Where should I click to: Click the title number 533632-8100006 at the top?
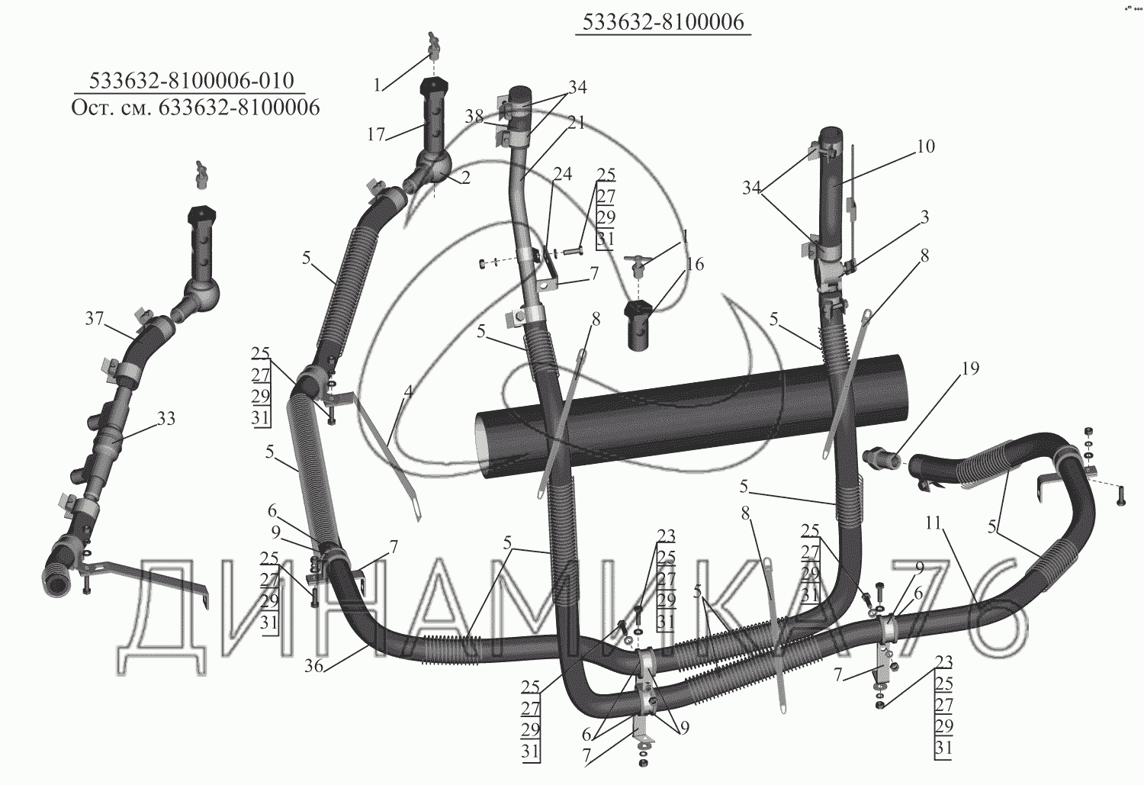pyautogui.click(x=664, y=22)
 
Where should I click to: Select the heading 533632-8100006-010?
pyautogui.click(x=192, y=80)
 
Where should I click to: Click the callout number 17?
pyautogui.click(x=376, y=134)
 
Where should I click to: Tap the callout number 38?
pyautogui.click(x=474, y=117)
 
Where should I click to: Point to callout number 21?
pyautogui.click(x=577, y=123)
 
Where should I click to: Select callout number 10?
pyautogui.click(x=925, y=146)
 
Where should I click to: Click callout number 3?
pyautogui.click(x=925, y=217)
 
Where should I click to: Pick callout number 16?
pyautogui.click(x=695, y=264)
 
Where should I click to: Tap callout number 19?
pyautogui.click(x=971, y=368)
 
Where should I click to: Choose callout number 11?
pyautogui.click(x=934, y=523)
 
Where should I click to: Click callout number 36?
pyautogui.click(x=314, y=666)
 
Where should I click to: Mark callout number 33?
pyautogui.click(x=166, y=419)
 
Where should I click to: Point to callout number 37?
pyautogui.click(x=94, y=319)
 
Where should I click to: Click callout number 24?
pyautogui.click(x=562, y=174)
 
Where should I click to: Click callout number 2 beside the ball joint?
pyautogui.click(x=465, y=177)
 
